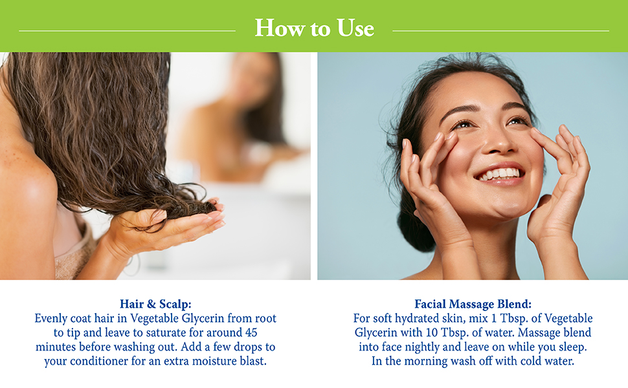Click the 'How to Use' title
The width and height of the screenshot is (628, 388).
[314, 28]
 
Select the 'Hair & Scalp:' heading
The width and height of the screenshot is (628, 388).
[155, 303]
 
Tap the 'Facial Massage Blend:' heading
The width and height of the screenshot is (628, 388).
[473, 303]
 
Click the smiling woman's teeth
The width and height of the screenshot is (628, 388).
[499, 174]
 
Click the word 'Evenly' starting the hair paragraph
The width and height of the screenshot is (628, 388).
[52, 318]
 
